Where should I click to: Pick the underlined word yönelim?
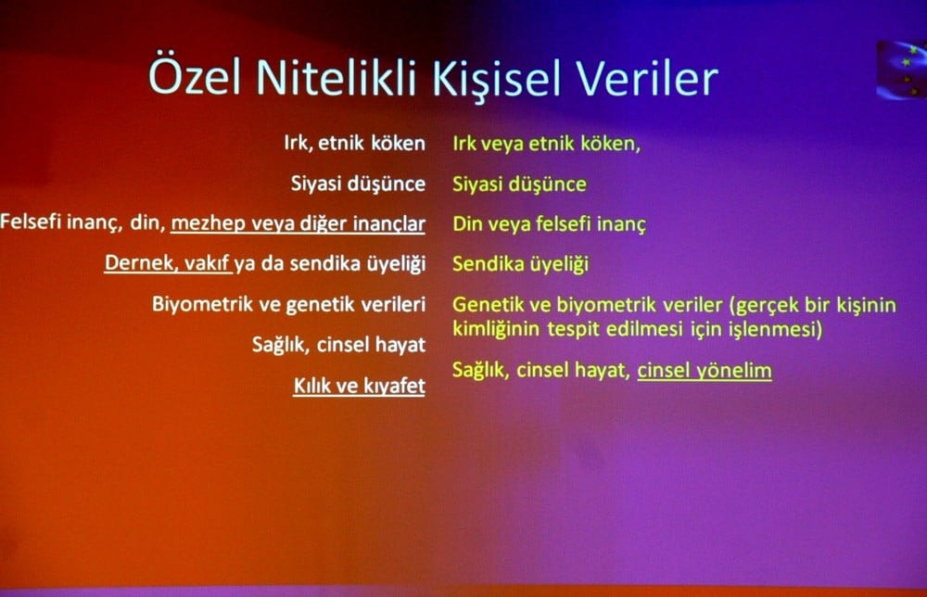pos(737,371)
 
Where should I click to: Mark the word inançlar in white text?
pos(387,224)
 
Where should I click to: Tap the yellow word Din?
pos(467,224)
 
